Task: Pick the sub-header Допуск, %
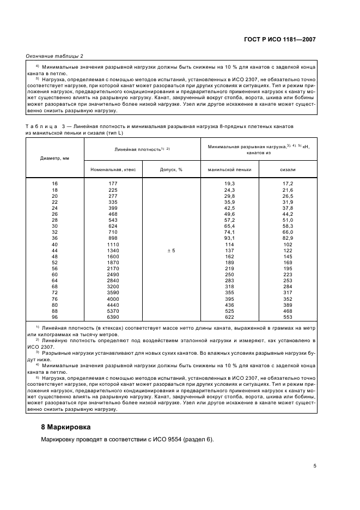(171, 169)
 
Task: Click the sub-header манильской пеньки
(229, 169)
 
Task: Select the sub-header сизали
(288, 169)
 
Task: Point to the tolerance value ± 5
(171, 250)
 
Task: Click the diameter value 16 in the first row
(54, 184)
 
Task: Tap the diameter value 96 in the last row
(54, 317)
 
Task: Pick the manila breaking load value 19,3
(229, 184)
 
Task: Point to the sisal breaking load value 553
(288, 317)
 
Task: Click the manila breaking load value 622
(229, 317)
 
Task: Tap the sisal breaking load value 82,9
(288, 238)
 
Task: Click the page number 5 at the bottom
(315, 466)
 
